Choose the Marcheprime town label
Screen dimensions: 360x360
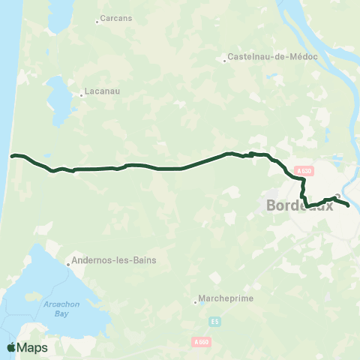pos(227,298)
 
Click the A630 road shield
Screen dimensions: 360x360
pos(304,171)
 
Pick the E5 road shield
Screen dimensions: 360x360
pos(215,322)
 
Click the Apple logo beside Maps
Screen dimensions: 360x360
pos(11,347)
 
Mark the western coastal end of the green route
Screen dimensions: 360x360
pos(11,156)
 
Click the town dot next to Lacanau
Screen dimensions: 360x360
pos(81,95)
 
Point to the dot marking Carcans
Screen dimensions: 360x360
pos(97,22)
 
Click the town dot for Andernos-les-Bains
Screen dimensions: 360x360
pos(67,263)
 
